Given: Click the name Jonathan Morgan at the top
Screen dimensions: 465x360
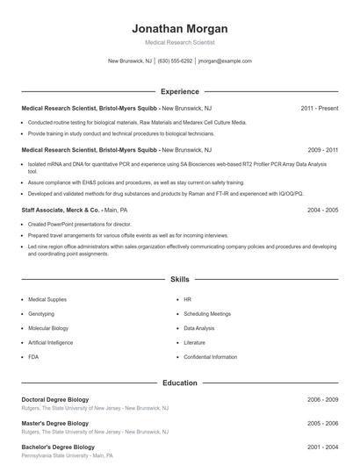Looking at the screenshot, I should click(179, 28).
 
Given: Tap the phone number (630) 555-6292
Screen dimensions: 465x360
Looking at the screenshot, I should click(175, 61).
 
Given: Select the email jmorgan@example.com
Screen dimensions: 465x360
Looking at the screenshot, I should click(225, 61).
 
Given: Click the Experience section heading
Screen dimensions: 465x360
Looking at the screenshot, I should click(179, 91).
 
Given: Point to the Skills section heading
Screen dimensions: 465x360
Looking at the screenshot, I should click(179, 279).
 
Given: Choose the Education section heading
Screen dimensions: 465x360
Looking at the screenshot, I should click(179, 383).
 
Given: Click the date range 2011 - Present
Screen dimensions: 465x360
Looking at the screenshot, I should click(319, 108).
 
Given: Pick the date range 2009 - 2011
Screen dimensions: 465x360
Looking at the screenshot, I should click(322, 150).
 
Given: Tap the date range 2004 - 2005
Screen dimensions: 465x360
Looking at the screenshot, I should click(322, 211).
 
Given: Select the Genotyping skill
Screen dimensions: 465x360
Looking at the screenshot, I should click(41, 313).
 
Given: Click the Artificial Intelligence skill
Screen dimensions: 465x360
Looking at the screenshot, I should click(50, 342).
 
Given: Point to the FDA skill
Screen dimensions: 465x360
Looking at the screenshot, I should click(33, 357).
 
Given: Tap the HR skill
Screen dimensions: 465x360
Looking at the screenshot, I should click(188, 299).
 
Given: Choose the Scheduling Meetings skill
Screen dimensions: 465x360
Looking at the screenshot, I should click(207, 313).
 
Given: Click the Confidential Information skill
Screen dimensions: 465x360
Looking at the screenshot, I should click(210, 357).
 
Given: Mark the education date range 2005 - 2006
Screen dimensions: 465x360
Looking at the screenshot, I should click(322, 423).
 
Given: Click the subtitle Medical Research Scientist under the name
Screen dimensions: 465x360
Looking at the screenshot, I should click(179, 42).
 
